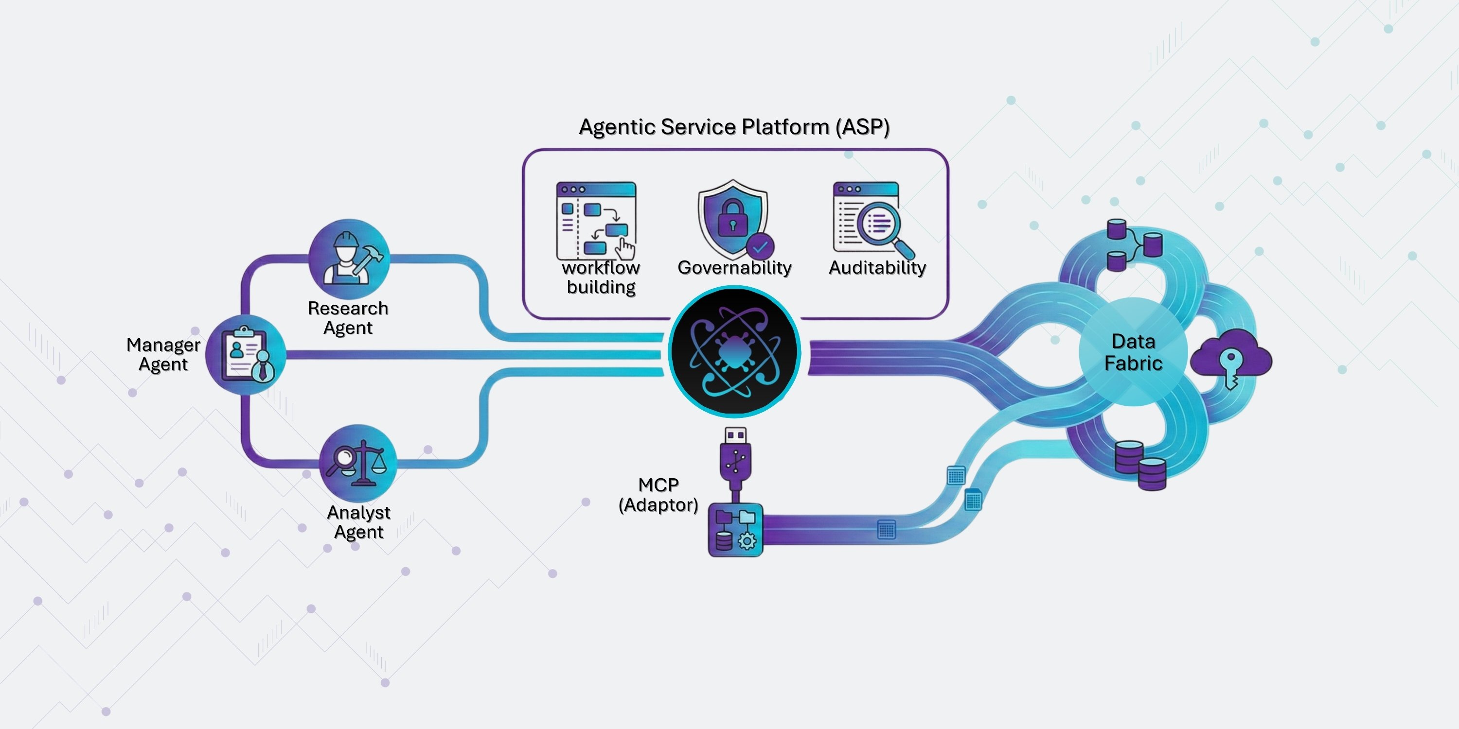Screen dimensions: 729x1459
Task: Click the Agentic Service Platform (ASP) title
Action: (x=734, y=127)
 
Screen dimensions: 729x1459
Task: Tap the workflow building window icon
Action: (x=596, y=220)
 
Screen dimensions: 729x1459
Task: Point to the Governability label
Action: (x=734, y=267)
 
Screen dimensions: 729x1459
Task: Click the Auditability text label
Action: (x=877, y=267)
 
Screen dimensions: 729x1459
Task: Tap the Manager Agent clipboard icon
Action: (x=246, y=355)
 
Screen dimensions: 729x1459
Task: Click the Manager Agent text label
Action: (x=163, y=354)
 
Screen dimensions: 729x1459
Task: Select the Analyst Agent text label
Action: (x=358, y=522)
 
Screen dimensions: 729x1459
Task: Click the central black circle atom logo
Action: (x=734, y=351)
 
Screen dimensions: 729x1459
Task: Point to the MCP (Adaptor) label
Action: (x=658, y=495)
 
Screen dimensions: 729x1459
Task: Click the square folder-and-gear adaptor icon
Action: (x=735, y=529)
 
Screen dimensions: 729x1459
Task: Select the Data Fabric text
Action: (x=1133, y=352)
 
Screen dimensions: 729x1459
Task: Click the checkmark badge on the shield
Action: (x=760, y=247)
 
